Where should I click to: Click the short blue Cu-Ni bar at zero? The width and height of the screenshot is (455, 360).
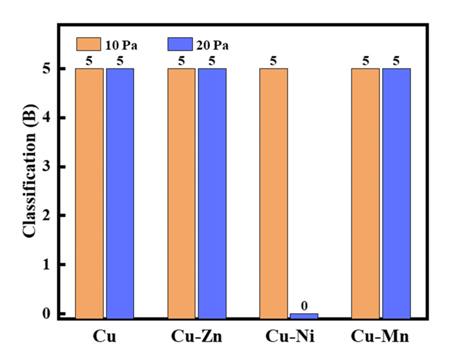click(x=304, y=316)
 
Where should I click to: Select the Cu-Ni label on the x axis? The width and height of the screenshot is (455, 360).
click(x=289, y=337)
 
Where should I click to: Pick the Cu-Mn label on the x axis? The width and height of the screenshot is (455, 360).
click(x=381, y=337)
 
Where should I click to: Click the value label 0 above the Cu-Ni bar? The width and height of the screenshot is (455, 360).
click(x=304, y=306)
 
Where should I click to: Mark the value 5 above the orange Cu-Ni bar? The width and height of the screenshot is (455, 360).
click(x=274, y=60)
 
